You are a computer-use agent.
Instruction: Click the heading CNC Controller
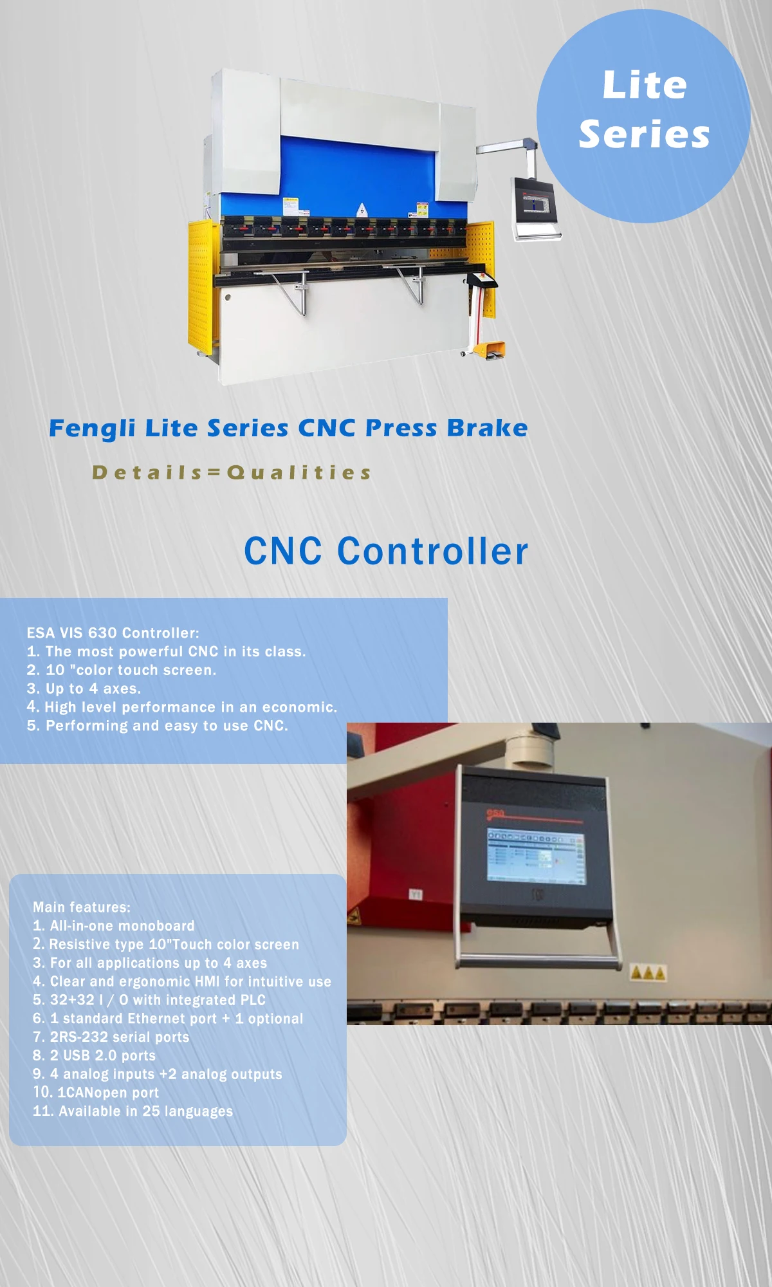tap(386, 551)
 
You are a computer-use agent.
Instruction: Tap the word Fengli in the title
tap(92, 429)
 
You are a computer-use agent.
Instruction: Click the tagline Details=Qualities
tap(232, 473)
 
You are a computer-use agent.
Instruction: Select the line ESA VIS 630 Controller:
tap(113, 633)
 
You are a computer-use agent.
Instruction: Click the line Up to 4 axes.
tap(84, 689)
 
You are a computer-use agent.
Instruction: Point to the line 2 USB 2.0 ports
tap(95, 1056)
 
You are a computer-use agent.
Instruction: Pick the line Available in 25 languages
tap(133, 1111)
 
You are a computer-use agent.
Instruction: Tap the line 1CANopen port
tap(96, 1093)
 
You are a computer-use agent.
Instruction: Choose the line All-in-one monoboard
tap(114, 926)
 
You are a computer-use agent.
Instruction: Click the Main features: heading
tap(82, 907)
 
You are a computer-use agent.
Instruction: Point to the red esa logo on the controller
tap(496, 815)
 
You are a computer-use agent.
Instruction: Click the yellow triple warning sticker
tap(647, 972)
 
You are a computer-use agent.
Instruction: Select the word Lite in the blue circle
tap(644, 86)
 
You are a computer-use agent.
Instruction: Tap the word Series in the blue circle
tap(644, 134)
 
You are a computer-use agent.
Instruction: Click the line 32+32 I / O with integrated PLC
tap(149, 1000)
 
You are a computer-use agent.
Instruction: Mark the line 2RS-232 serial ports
tap(111, 1037)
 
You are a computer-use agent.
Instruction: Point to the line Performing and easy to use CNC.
tap(158, 726)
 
